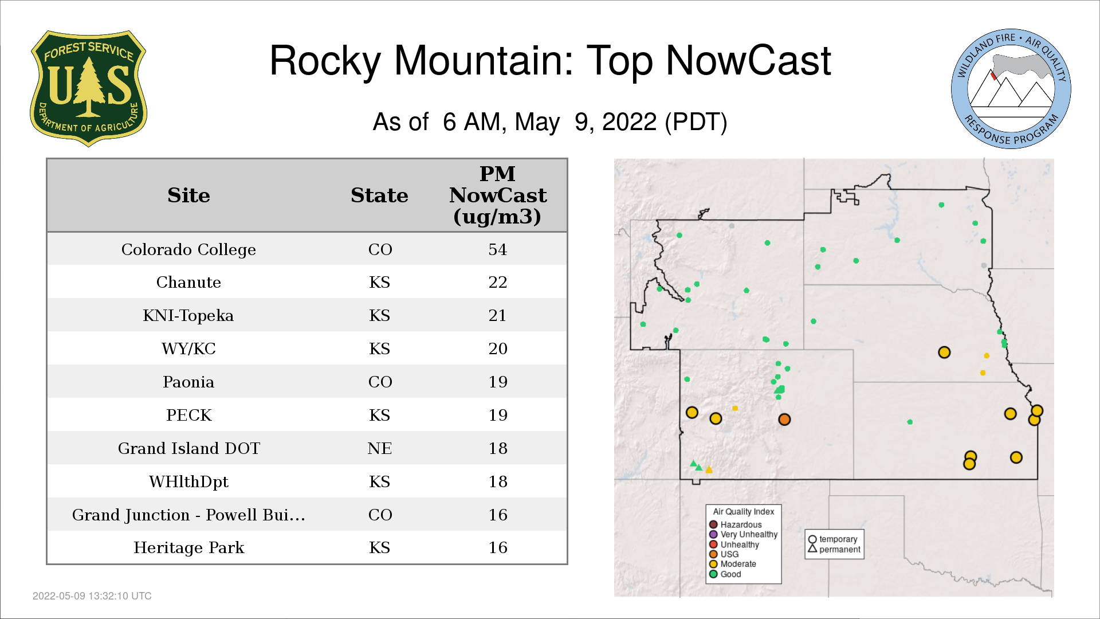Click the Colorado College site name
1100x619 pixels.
188,249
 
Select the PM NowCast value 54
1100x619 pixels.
497,249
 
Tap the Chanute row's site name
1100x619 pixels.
188,282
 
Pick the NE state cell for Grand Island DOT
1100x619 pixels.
379,448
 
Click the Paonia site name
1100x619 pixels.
188,382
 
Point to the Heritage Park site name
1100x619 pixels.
188,547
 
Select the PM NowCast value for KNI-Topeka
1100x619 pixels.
497,315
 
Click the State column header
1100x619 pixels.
379,195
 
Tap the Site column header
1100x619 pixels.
188,195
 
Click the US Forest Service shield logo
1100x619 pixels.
88,88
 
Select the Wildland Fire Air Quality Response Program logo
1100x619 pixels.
1011,89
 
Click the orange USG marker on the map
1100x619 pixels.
784,420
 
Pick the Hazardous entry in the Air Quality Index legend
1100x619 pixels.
736,524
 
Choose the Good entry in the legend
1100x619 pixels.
725,574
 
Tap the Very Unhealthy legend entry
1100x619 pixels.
744,534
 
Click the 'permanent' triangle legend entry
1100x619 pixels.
834,549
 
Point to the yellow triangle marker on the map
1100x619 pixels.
709,470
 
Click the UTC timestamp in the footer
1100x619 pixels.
92,596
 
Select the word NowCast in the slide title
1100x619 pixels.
748,60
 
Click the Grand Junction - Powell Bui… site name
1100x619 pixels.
188,515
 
